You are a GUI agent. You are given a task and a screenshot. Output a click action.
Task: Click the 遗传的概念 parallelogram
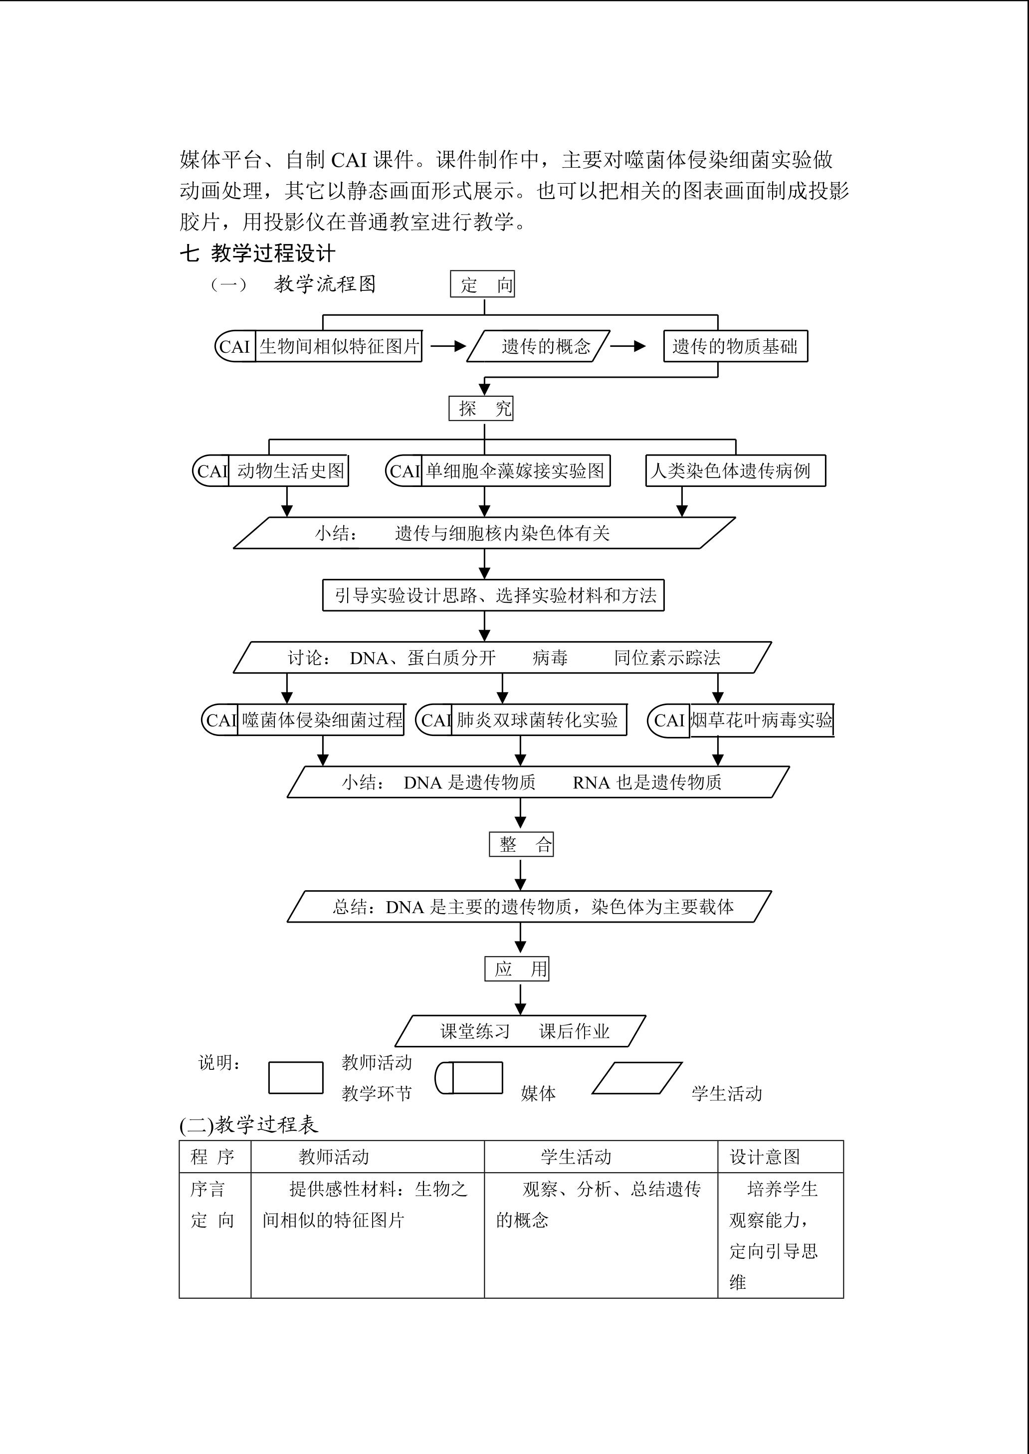539,346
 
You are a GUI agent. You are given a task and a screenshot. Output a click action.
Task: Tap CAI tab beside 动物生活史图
211,471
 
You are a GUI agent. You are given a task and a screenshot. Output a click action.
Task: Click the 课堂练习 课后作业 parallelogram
520,1030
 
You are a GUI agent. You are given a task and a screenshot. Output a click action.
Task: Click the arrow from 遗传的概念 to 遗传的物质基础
628,346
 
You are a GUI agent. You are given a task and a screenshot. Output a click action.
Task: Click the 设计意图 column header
765,1157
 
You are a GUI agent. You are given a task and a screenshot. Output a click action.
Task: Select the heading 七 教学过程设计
257,253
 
